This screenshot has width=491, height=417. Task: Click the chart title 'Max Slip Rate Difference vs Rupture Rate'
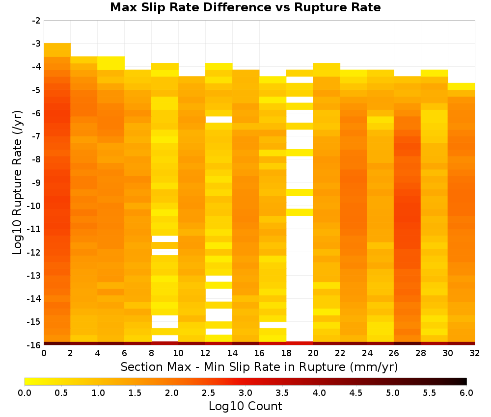pyautogui.click(x=245, y=7)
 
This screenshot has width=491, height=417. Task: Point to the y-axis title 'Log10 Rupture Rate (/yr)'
pyautogui.click(x=17, y=182)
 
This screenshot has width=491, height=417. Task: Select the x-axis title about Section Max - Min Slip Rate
pyautogui.click(x=259, y=367)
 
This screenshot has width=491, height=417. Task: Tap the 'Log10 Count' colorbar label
pyautogui.click(x=245, y=406)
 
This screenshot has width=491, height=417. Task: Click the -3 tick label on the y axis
pyautogui.click(x=36, y=44)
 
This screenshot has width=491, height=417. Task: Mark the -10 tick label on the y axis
pyautogui.click(x=34, y=206)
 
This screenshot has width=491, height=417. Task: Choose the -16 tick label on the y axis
pyautogui.click(x=34, y=345)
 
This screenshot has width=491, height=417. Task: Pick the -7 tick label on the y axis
pyautogui.click(x=36, y=136)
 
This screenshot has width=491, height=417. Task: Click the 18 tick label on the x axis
pyautogui.click(x=286, y=353)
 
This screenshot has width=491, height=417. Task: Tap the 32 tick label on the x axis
pyautogui.click(x=474, y=353)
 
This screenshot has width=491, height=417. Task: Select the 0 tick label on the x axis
pyautogui.click(x=44, y=353)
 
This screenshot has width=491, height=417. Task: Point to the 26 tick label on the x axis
pyautogui.click(x=394, y=353)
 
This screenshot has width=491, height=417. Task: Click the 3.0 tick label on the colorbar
pyautogui.click(x=245, y=392)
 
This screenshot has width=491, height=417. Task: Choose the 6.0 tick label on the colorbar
pyautogui.click(x=466, y=392)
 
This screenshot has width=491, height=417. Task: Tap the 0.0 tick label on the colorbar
pyautogui.click(x=25, y=392)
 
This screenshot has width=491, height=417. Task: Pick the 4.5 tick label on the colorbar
pyautogui.click(x=355, y=392)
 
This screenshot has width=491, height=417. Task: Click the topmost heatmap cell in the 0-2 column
pyautogui.click(x=57, y=50)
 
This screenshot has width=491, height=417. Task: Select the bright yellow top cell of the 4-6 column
pyautogui.click(x=111, y=63)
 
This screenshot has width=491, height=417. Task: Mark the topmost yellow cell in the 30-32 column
pyautogui.click(x=461, y=86)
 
